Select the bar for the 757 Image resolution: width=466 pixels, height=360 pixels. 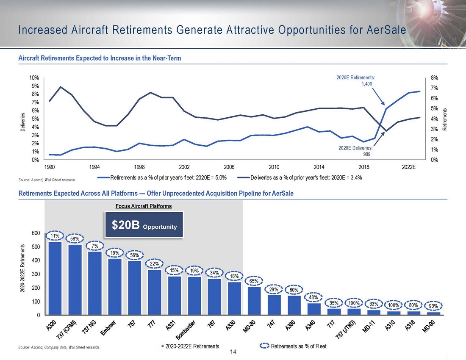pyautogui.click(x=135, y=288)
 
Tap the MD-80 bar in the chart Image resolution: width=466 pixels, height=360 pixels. pyautogui.click(x=254, y=301)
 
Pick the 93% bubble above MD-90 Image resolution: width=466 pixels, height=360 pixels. pyautogui.click(x=433, y=305)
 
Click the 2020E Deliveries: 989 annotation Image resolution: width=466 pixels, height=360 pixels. pyautogui.click(x=356, y=152)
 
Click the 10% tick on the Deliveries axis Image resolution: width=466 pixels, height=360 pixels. pyautogui.click(x=34, y=78)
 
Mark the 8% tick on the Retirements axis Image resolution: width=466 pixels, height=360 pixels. pyautogui.click(x=435, y=78)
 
